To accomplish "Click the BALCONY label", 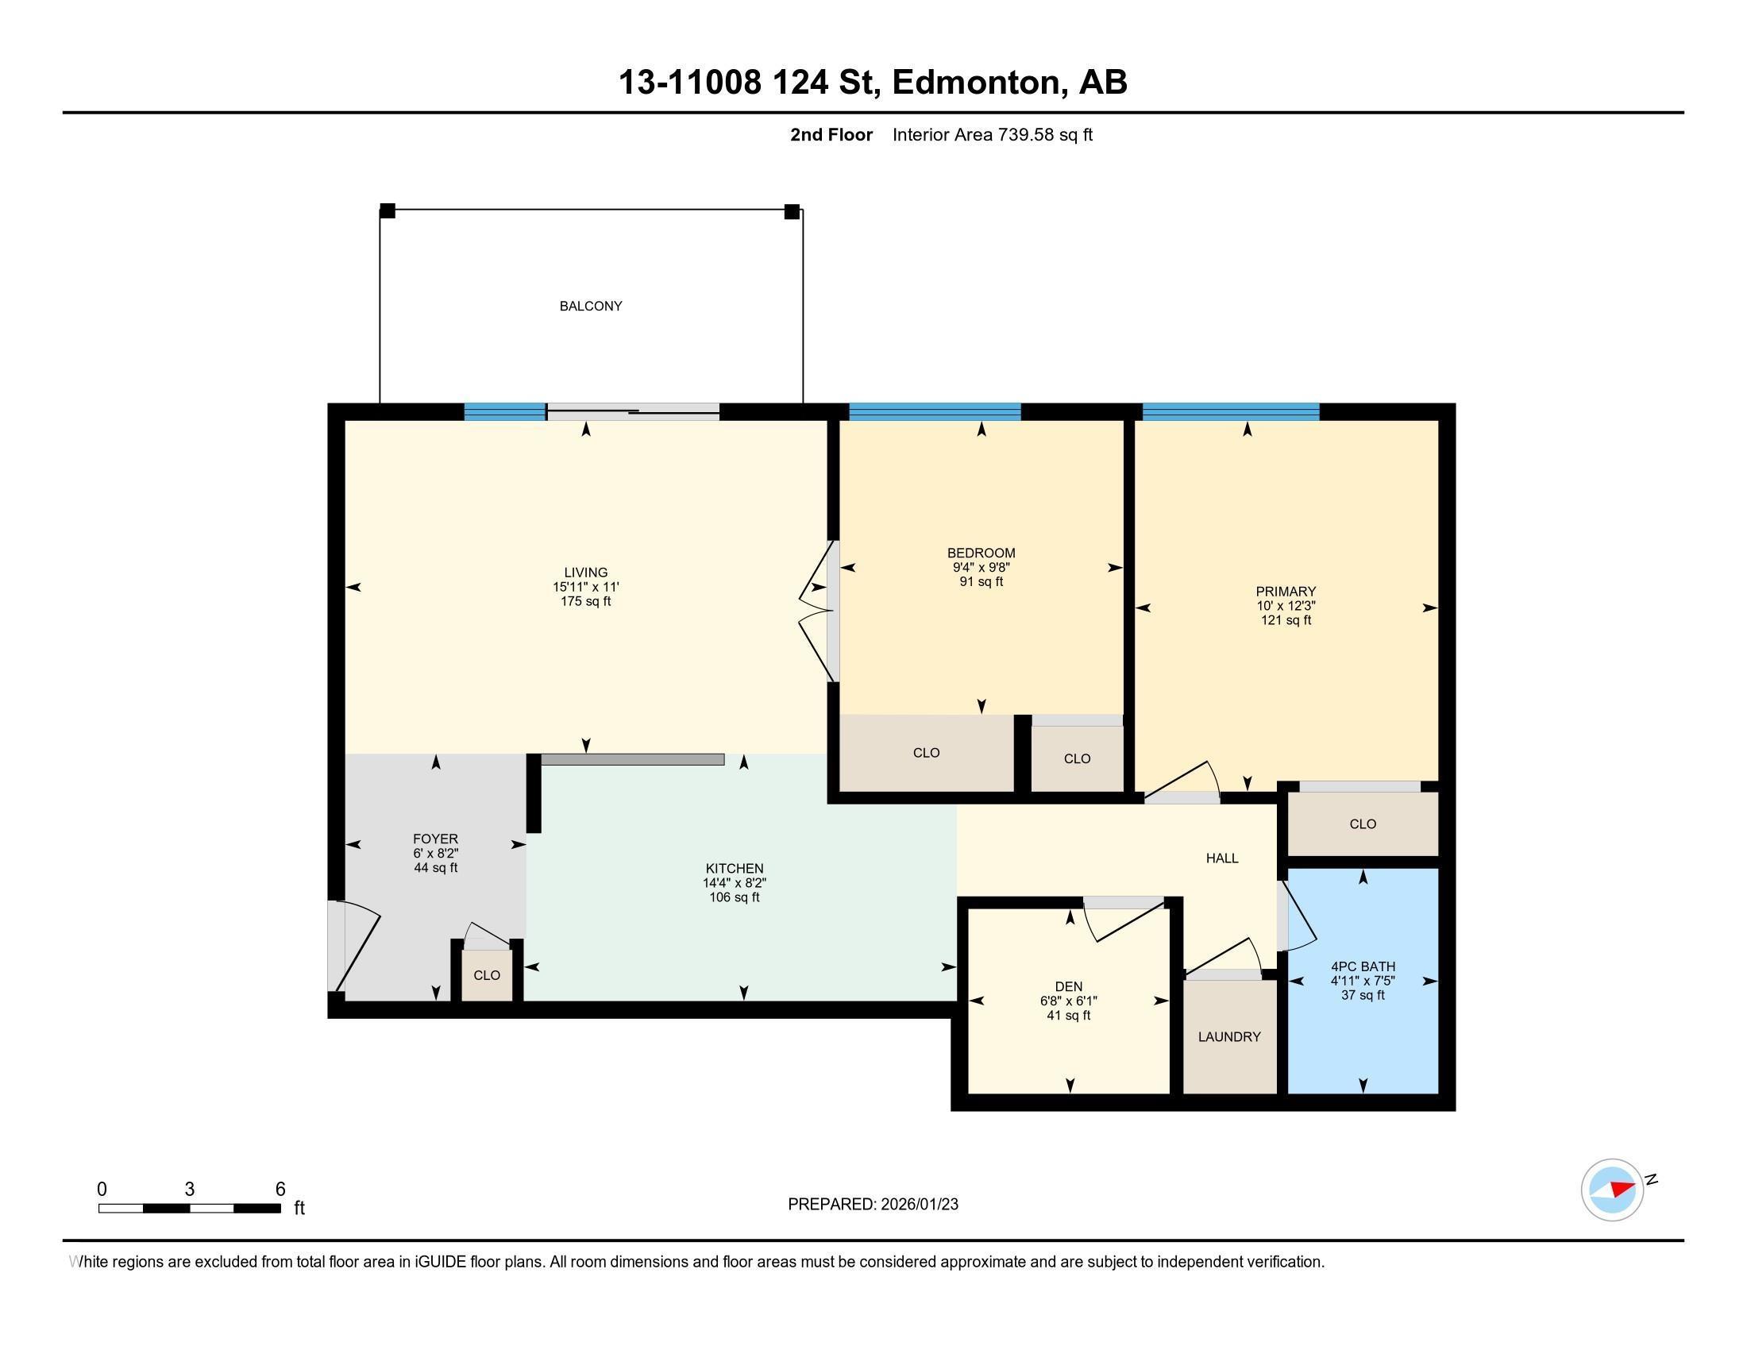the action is point(590,306).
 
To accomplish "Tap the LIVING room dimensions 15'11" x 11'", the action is point(585,587).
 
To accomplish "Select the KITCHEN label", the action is point(735,869).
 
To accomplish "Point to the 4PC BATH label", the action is point(1363,966).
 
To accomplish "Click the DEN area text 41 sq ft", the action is point(1069,1016).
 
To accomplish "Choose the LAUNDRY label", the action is point(1229,1036).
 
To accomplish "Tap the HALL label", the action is point(1222,858).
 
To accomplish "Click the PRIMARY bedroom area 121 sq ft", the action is point(1286,620).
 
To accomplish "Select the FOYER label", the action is point(435,839).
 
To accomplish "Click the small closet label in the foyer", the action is point(486,975).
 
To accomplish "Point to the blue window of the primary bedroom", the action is point(1230,412).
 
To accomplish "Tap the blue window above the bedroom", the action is point(935,412).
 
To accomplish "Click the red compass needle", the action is point(1622,1188).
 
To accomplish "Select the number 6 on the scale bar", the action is point(280,1190).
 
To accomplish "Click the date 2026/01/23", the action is point(918,1205).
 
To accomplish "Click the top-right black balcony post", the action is point(792,211).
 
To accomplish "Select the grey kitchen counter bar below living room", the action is point(633,760).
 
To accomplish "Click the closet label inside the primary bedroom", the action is point(1363,823).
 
